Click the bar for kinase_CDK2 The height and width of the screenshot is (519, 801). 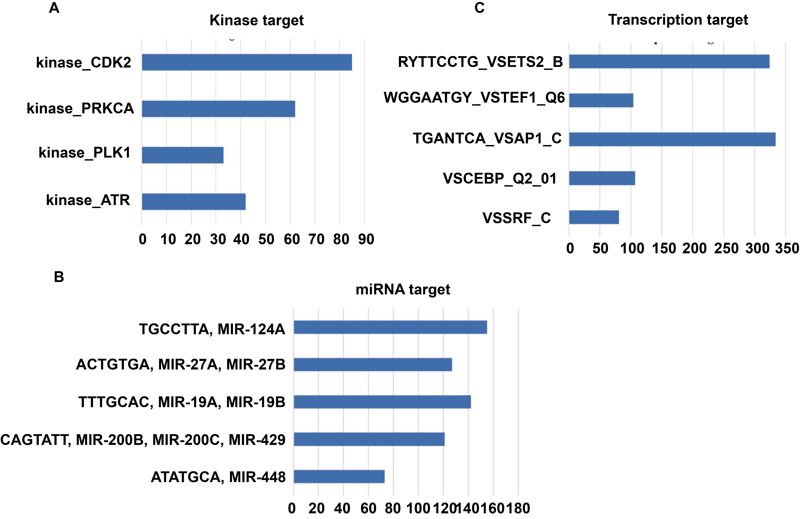pyautogui.click(x=247, y=62)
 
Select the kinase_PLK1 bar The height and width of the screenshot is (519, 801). pyautogui.click(x=182, y=155)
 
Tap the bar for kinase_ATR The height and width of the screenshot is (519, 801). pyautogui.click(x=194, y=202)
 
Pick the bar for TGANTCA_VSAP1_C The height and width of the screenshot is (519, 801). pyautogui.click(x=672, y=139)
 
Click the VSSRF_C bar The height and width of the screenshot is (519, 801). pyautogui.click(x=594, y=217)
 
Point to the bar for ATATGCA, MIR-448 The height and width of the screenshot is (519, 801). pyautogui.click(x=339, y=477)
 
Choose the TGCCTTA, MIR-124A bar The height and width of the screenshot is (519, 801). pyautogui.click(x=390, y=327)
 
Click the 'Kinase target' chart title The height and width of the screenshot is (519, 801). pyautogui.click(x=256, y=20)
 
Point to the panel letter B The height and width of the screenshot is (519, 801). pyautogui.click(x=59, y=277)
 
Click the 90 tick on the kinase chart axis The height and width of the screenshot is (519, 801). pyautogui.click(x=366, y=239)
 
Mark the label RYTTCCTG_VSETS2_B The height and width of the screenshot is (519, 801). pyautogui.click(x=480, y=62)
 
